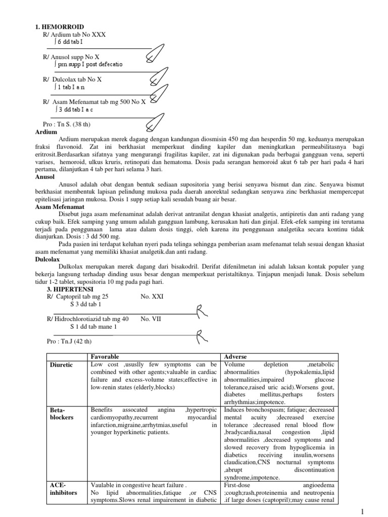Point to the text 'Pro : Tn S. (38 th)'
(68, 124)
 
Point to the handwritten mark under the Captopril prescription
(201, 309)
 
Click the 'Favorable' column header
(105, 356)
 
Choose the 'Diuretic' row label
(61, 364)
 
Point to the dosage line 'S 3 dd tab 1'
(85, 304)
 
